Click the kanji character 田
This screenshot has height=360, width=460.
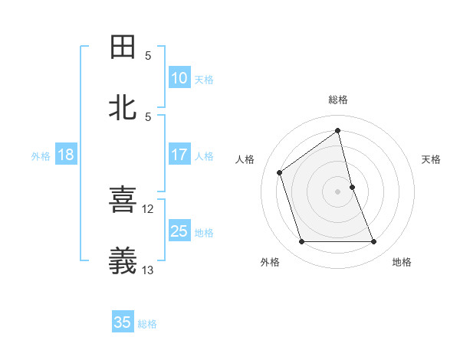(123, 47)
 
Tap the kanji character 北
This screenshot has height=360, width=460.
(123, 108)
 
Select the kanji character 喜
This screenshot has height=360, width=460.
(123, 201)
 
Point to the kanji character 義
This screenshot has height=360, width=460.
(123, 261)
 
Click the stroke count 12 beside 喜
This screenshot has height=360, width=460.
(148, 208)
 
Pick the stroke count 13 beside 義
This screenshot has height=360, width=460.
(148, 270)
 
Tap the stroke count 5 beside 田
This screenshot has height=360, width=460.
(148, 55)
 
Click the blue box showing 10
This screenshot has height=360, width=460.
(179, 78)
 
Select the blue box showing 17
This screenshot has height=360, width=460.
(179, 155)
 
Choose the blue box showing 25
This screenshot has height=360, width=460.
(179, 231)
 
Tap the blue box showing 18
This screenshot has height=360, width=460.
(66, 155)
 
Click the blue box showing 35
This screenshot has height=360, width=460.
(123, 322)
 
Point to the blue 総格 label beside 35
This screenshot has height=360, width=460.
(148, 324)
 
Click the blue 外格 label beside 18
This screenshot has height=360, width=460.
(41, 156)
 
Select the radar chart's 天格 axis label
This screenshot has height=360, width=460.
(432, 159)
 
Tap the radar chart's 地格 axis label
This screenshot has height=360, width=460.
(402, 262)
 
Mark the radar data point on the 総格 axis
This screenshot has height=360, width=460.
(338, 130)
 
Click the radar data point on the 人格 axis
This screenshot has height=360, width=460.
(280, 172)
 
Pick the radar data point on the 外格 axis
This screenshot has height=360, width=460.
(301, 242)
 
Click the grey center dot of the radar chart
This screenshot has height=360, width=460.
(338, 191)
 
